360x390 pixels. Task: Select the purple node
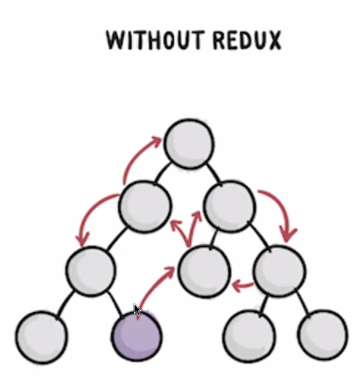[137, 336]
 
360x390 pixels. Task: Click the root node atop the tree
[188, 143]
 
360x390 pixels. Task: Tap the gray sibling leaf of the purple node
[41, 337]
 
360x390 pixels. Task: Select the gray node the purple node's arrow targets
[203, 270]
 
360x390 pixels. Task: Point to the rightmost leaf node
[323, 337]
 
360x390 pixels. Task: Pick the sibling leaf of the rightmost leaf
[249, 337]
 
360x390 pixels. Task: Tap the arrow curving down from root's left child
[96, 215]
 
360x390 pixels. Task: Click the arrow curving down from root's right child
[281, 212]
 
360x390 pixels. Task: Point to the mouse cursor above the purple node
[137, 310]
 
